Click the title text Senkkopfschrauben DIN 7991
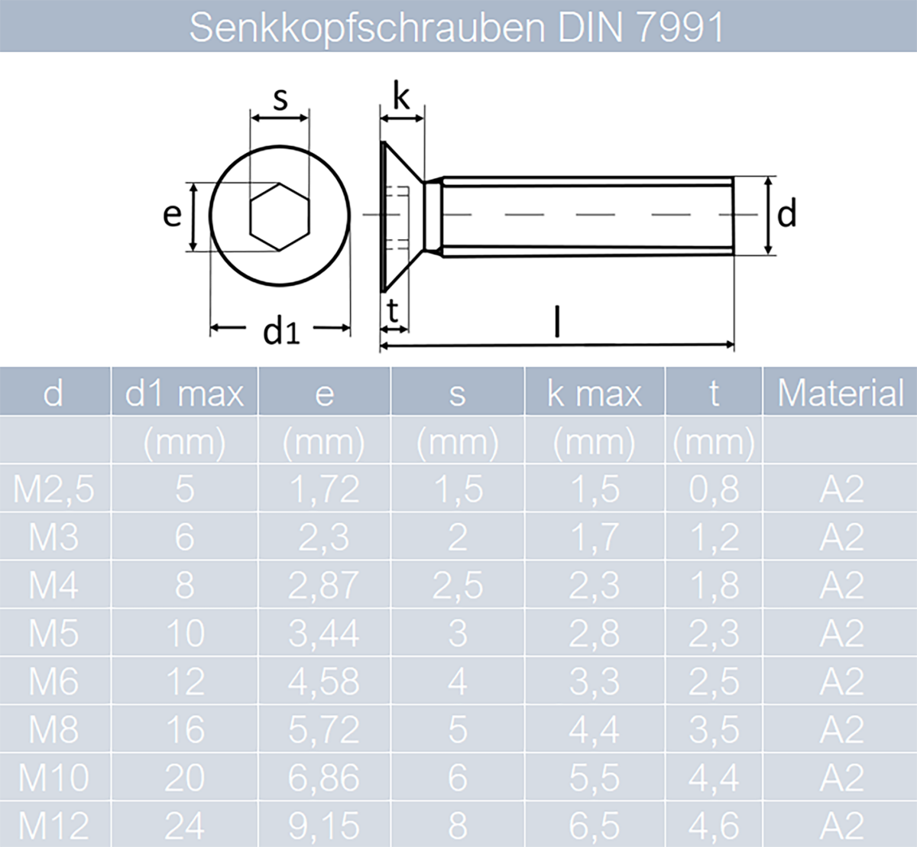(x=456, y=28)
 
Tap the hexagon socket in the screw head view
(x=280, y=216)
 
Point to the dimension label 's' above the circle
(x=280, y=99)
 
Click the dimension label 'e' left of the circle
(x=172, y=214)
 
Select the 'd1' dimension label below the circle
(x=281, y=330)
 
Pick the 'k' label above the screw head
(x=400, y=97)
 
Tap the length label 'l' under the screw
(x=557, y=322)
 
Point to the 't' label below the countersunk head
(x=393, y=311)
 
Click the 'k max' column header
(x=594, y=393)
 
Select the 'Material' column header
(x=840, y=393)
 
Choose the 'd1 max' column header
(x=184, y=393)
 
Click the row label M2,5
(x=53, y=489)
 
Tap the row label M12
(x=53, y=826)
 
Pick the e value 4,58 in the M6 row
(x=324, y=682)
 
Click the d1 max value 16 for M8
(x=184, y=730)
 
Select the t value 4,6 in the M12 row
(x=714, y=826)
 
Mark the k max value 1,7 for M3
(x=594, y=537)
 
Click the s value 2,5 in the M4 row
(x=457, y=586)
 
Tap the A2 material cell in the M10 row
(x=841, y=778)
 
